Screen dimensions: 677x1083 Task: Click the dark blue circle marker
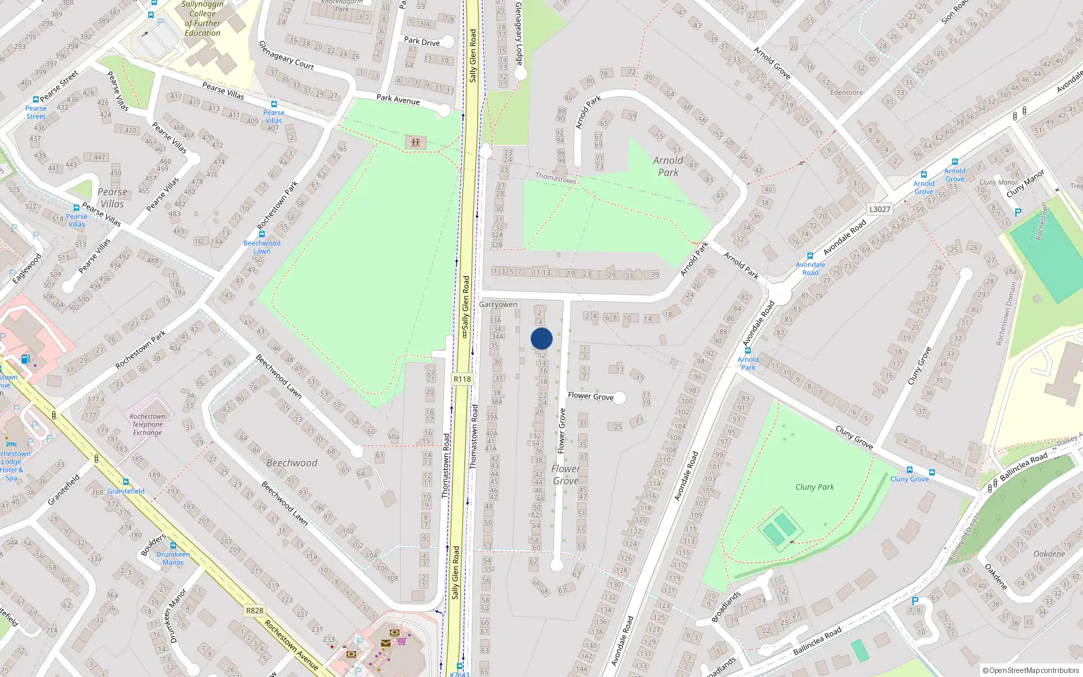click(x=541, y=338)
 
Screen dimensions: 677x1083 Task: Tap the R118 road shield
click(x=462, y=379)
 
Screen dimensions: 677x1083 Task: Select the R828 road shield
click(x=255, y=611)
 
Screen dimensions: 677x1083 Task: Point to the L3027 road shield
click(x=879, y=209)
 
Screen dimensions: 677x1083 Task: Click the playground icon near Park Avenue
click(x=415, y=142)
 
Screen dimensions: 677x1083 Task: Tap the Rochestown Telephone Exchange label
click(x=148, y=424)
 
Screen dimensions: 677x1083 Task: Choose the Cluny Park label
click(x=814, y=487)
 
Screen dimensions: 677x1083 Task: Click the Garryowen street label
click(x=498, y=305)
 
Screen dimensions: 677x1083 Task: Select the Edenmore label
click(x=846, y=93)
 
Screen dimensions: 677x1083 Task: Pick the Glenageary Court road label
click(x=286, y=55)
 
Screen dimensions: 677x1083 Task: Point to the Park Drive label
click(x=422, y=41)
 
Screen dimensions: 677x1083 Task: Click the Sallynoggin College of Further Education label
click(x=202, y=18)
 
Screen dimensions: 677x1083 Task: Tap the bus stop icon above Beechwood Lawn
click(x=261, y=234)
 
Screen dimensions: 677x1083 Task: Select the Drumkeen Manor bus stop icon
click(x=173, y=546)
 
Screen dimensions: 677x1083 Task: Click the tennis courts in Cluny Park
click(x=779, y=528)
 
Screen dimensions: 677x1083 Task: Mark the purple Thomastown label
click(x=556, y=178)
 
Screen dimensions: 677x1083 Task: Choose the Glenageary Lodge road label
click(x=519, y=32)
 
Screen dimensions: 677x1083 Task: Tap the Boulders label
click(x=153, y=546)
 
